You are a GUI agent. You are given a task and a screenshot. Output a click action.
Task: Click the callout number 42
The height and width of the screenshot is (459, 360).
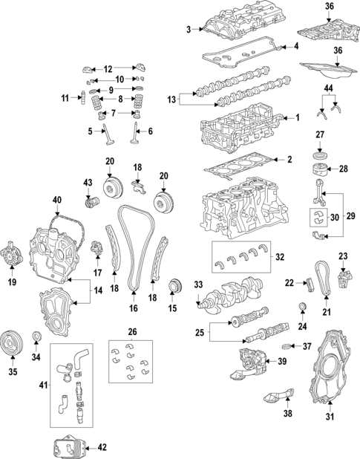pos(102,447)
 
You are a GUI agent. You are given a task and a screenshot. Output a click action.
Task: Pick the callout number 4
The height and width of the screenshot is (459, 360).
pos(295,46)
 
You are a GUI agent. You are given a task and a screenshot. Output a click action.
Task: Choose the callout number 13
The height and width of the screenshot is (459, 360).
pos(172,100)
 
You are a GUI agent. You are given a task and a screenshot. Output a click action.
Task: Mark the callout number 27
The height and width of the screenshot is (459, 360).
pos(320,134)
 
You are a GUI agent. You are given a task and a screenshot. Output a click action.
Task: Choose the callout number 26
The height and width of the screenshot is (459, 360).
pos(132,331)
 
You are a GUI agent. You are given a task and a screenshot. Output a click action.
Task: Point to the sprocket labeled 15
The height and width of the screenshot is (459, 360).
pos(175,286)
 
